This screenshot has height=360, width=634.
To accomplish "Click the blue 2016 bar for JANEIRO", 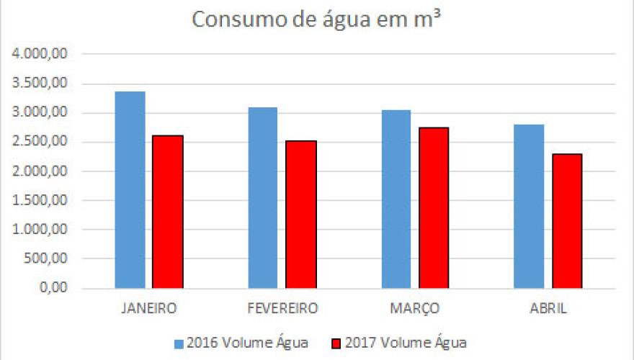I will click(x=130, y=190).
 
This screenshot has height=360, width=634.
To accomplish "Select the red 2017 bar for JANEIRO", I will click(x=167, y=212).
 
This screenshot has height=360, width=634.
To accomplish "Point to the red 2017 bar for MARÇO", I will click(x=434, y=208).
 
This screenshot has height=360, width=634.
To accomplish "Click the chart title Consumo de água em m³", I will click(x=316, y=20).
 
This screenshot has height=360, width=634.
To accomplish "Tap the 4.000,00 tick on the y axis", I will click(x=45, y=54).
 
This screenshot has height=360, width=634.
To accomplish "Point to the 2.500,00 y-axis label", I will click(x=45, y=142).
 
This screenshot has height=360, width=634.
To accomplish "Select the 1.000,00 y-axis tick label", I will click(x=45, y=230).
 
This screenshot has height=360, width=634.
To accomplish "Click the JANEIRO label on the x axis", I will click(x=148, y=308).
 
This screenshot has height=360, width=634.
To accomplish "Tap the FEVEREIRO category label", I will click(x=282, y=308).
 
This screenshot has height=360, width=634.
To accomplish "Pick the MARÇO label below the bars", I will click(x=414, y=308).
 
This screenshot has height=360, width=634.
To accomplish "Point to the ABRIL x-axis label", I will click(x=548, y=308).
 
